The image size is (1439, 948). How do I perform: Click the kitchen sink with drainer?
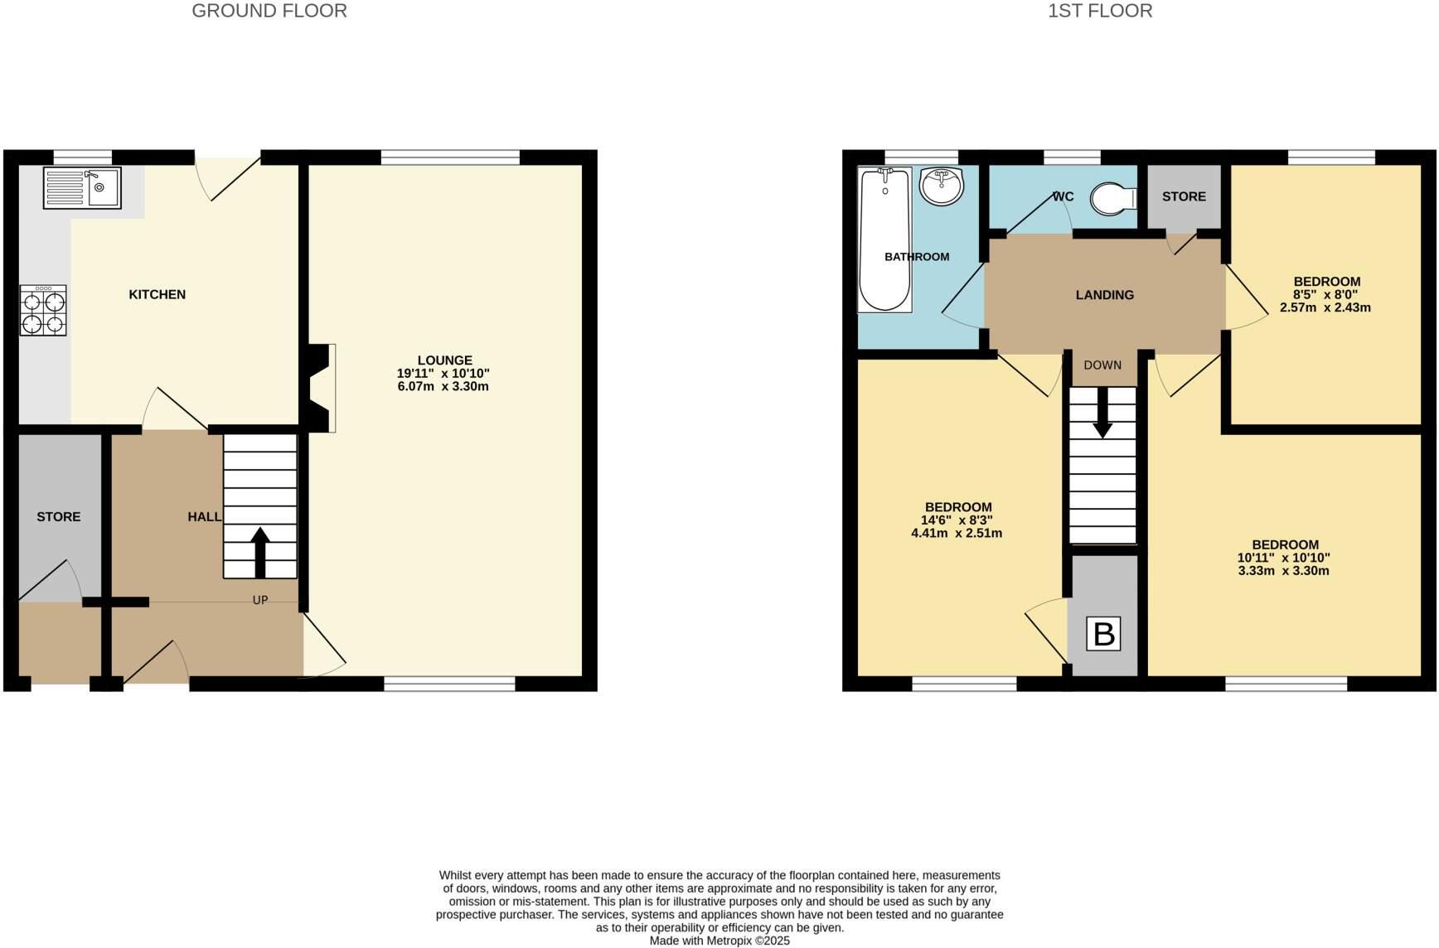pyautogui.click(x=82, y=188)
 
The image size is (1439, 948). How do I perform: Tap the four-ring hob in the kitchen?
pyautogui.click(x=43, y=311)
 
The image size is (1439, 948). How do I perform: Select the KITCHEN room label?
pyautogui.click(x=157, y=295)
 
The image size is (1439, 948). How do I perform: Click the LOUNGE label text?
pyautogui.click(x=444, y=360)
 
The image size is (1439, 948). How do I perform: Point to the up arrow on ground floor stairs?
pyautogui.click(x=260, y=552)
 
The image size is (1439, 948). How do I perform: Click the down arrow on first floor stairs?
pyautogui.click(x=1102, y=412)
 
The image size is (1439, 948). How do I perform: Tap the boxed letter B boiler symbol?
pyautogui.click(x=1103, y=634)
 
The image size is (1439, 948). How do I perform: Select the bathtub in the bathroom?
pyautogui.click(x=884, y=239)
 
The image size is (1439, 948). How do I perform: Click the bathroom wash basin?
pyautogui.click(x=942, y=186)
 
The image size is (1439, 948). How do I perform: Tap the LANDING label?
pyautogui.click(x=1104, y=295)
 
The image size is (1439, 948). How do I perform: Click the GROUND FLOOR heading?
pyautogui.click(x=269, y=11)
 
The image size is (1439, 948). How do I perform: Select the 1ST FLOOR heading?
pyautogui.click(x=1100, y=11)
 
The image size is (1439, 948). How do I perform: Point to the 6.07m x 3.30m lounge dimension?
pyautogui.click(x=443, y=386)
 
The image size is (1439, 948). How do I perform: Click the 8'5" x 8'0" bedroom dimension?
pyautogui.click(x=1325, y=294)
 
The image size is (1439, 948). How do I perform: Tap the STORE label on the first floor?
pyautogui.click(x=1184, y=196)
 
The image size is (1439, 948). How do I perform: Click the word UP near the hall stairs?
pyautogui.click(x=260, y=600)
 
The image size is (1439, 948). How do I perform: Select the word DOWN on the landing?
pyautogui.click(x=1102, y=365)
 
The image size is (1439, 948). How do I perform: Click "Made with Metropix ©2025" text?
pyautogui.click(x=719, y=941)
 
